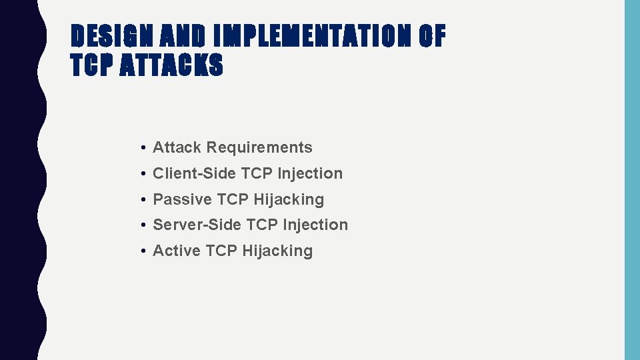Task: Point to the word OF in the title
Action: click(x=431, y=37)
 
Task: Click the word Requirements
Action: click(x=259, y=147)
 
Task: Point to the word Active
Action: click(x=176, y=251)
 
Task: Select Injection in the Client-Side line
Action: click(x=310, y=173)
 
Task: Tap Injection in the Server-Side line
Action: click(x=315, y=225)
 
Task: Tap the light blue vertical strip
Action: click(x=631, y=180)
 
